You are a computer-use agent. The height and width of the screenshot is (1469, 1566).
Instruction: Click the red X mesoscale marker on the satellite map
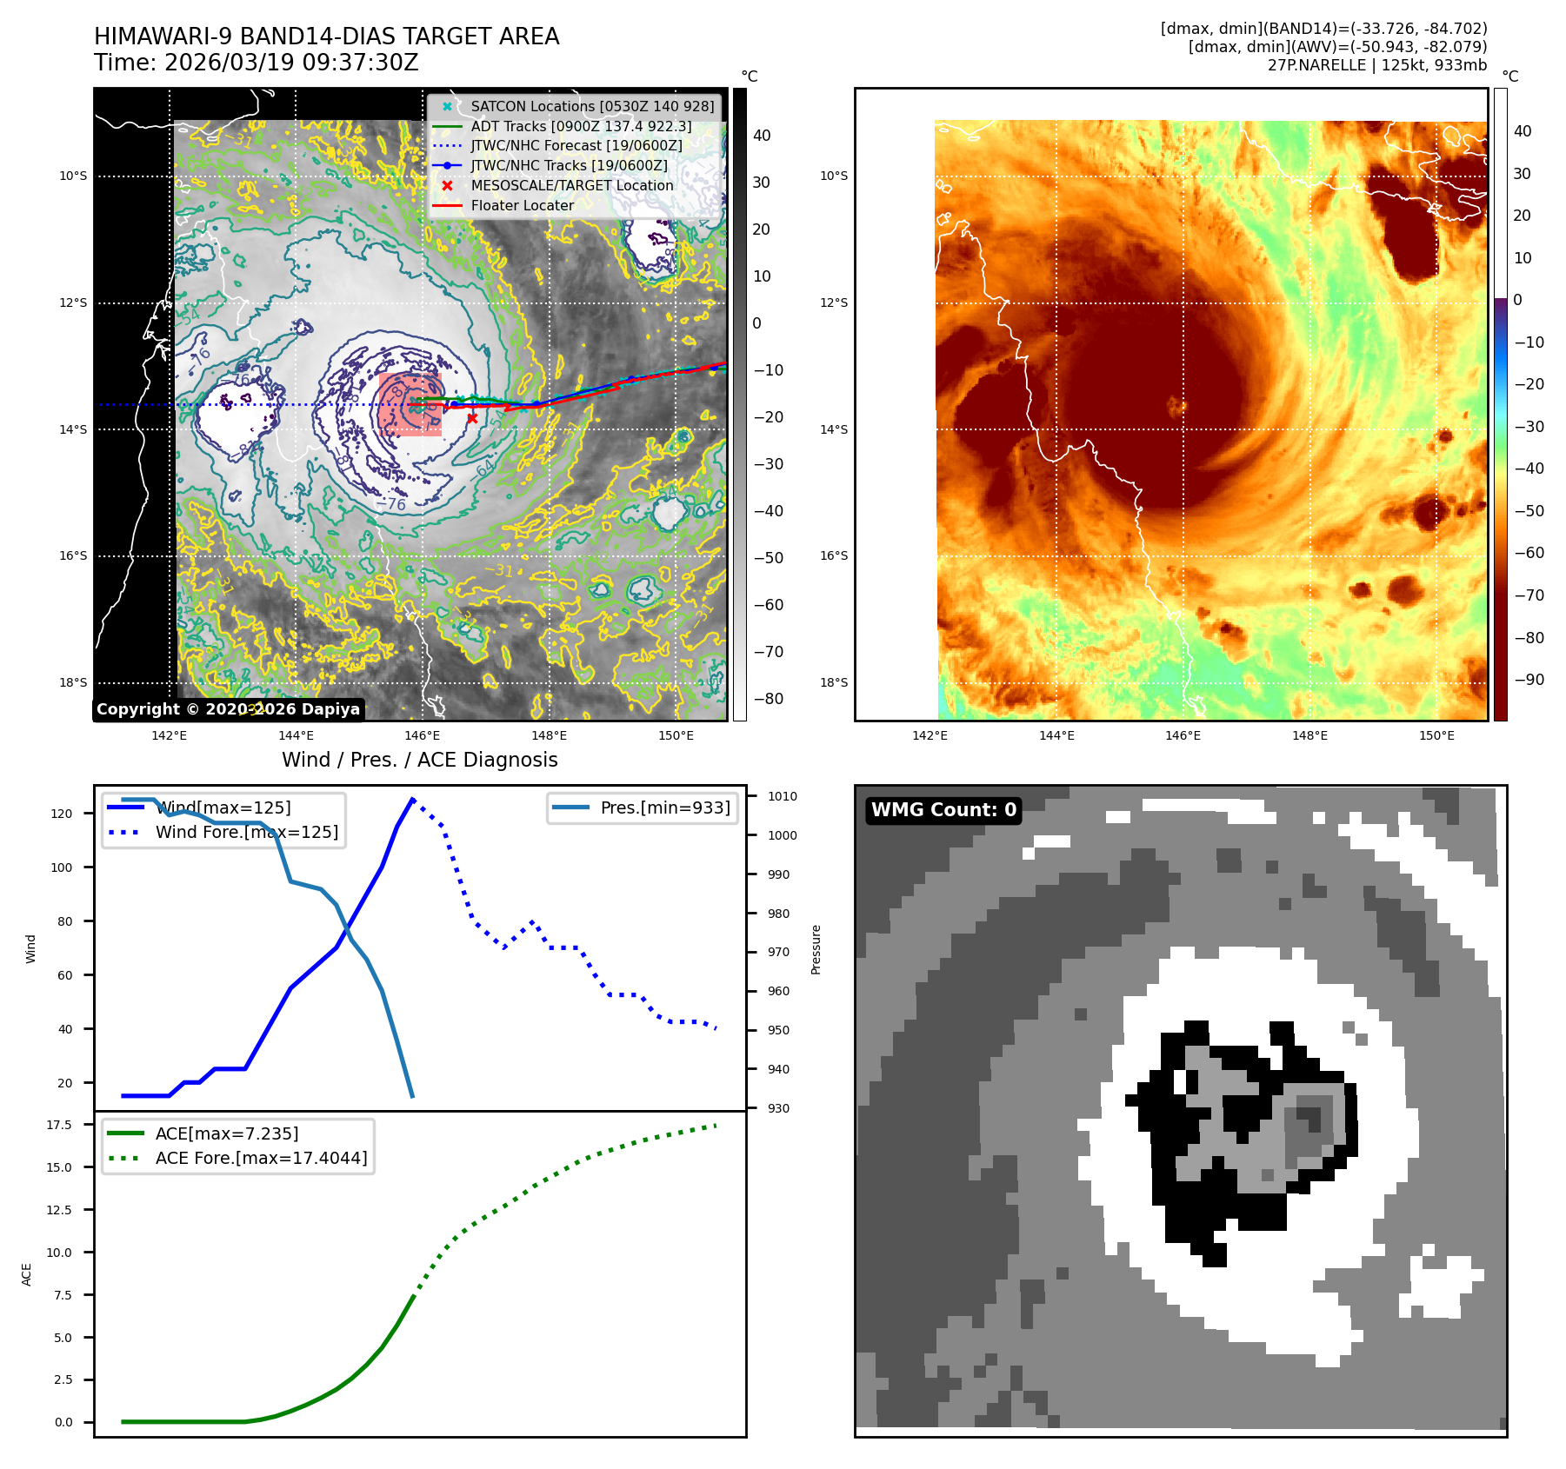[472, 418]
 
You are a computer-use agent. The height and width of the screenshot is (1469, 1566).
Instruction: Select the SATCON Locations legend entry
[591, 106]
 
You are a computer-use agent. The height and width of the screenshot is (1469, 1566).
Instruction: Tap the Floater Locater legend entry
[522, 205]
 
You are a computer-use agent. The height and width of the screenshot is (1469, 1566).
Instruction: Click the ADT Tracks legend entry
[581, 126]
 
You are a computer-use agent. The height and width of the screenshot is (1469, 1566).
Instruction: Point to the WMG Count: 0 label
[943, 810]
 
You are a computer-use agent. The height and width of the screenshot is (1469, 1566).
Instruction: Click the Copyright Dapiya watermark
[228, 709]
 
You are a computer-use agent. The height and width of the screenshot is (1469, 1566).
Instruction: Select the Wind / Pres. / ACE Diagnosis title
[420, 760]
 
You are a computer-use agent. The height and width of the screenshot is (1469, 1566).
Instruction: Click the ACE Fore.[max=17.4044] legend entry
[261, 1158]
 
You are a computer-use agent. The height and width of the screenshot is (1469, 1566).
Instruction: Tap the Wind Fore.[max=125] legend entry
[247, 832]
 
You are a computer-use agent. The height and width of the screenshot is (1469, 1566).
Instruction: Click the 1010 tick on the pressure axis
[782, 796]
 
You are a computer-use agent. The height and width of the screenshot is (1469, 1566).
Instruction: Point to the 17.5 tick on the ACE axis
[59, 1125]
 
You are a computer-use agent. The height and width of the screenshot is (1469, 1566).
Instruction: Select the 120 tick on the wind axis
[62, 814]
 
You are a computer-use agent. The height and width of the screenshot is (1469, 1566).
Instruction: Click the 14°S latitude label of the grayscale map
[73, 429]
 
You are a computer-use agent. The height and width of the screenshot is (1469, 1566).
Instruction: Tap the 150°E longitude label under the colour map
[1436, 735]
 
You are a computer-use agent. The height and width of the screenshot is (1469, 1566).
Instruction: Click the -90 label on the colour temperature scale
[1529, 680]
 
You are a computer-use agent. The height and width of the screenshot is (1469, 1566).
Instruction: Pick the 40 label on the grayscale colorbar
[762, 135]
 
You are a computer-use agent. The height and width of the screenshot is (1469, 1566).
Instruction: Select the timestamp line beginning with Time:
[257, 63]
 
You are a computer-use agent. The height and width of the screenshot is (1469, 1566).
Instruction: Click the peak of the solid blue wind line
[412, 799]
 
